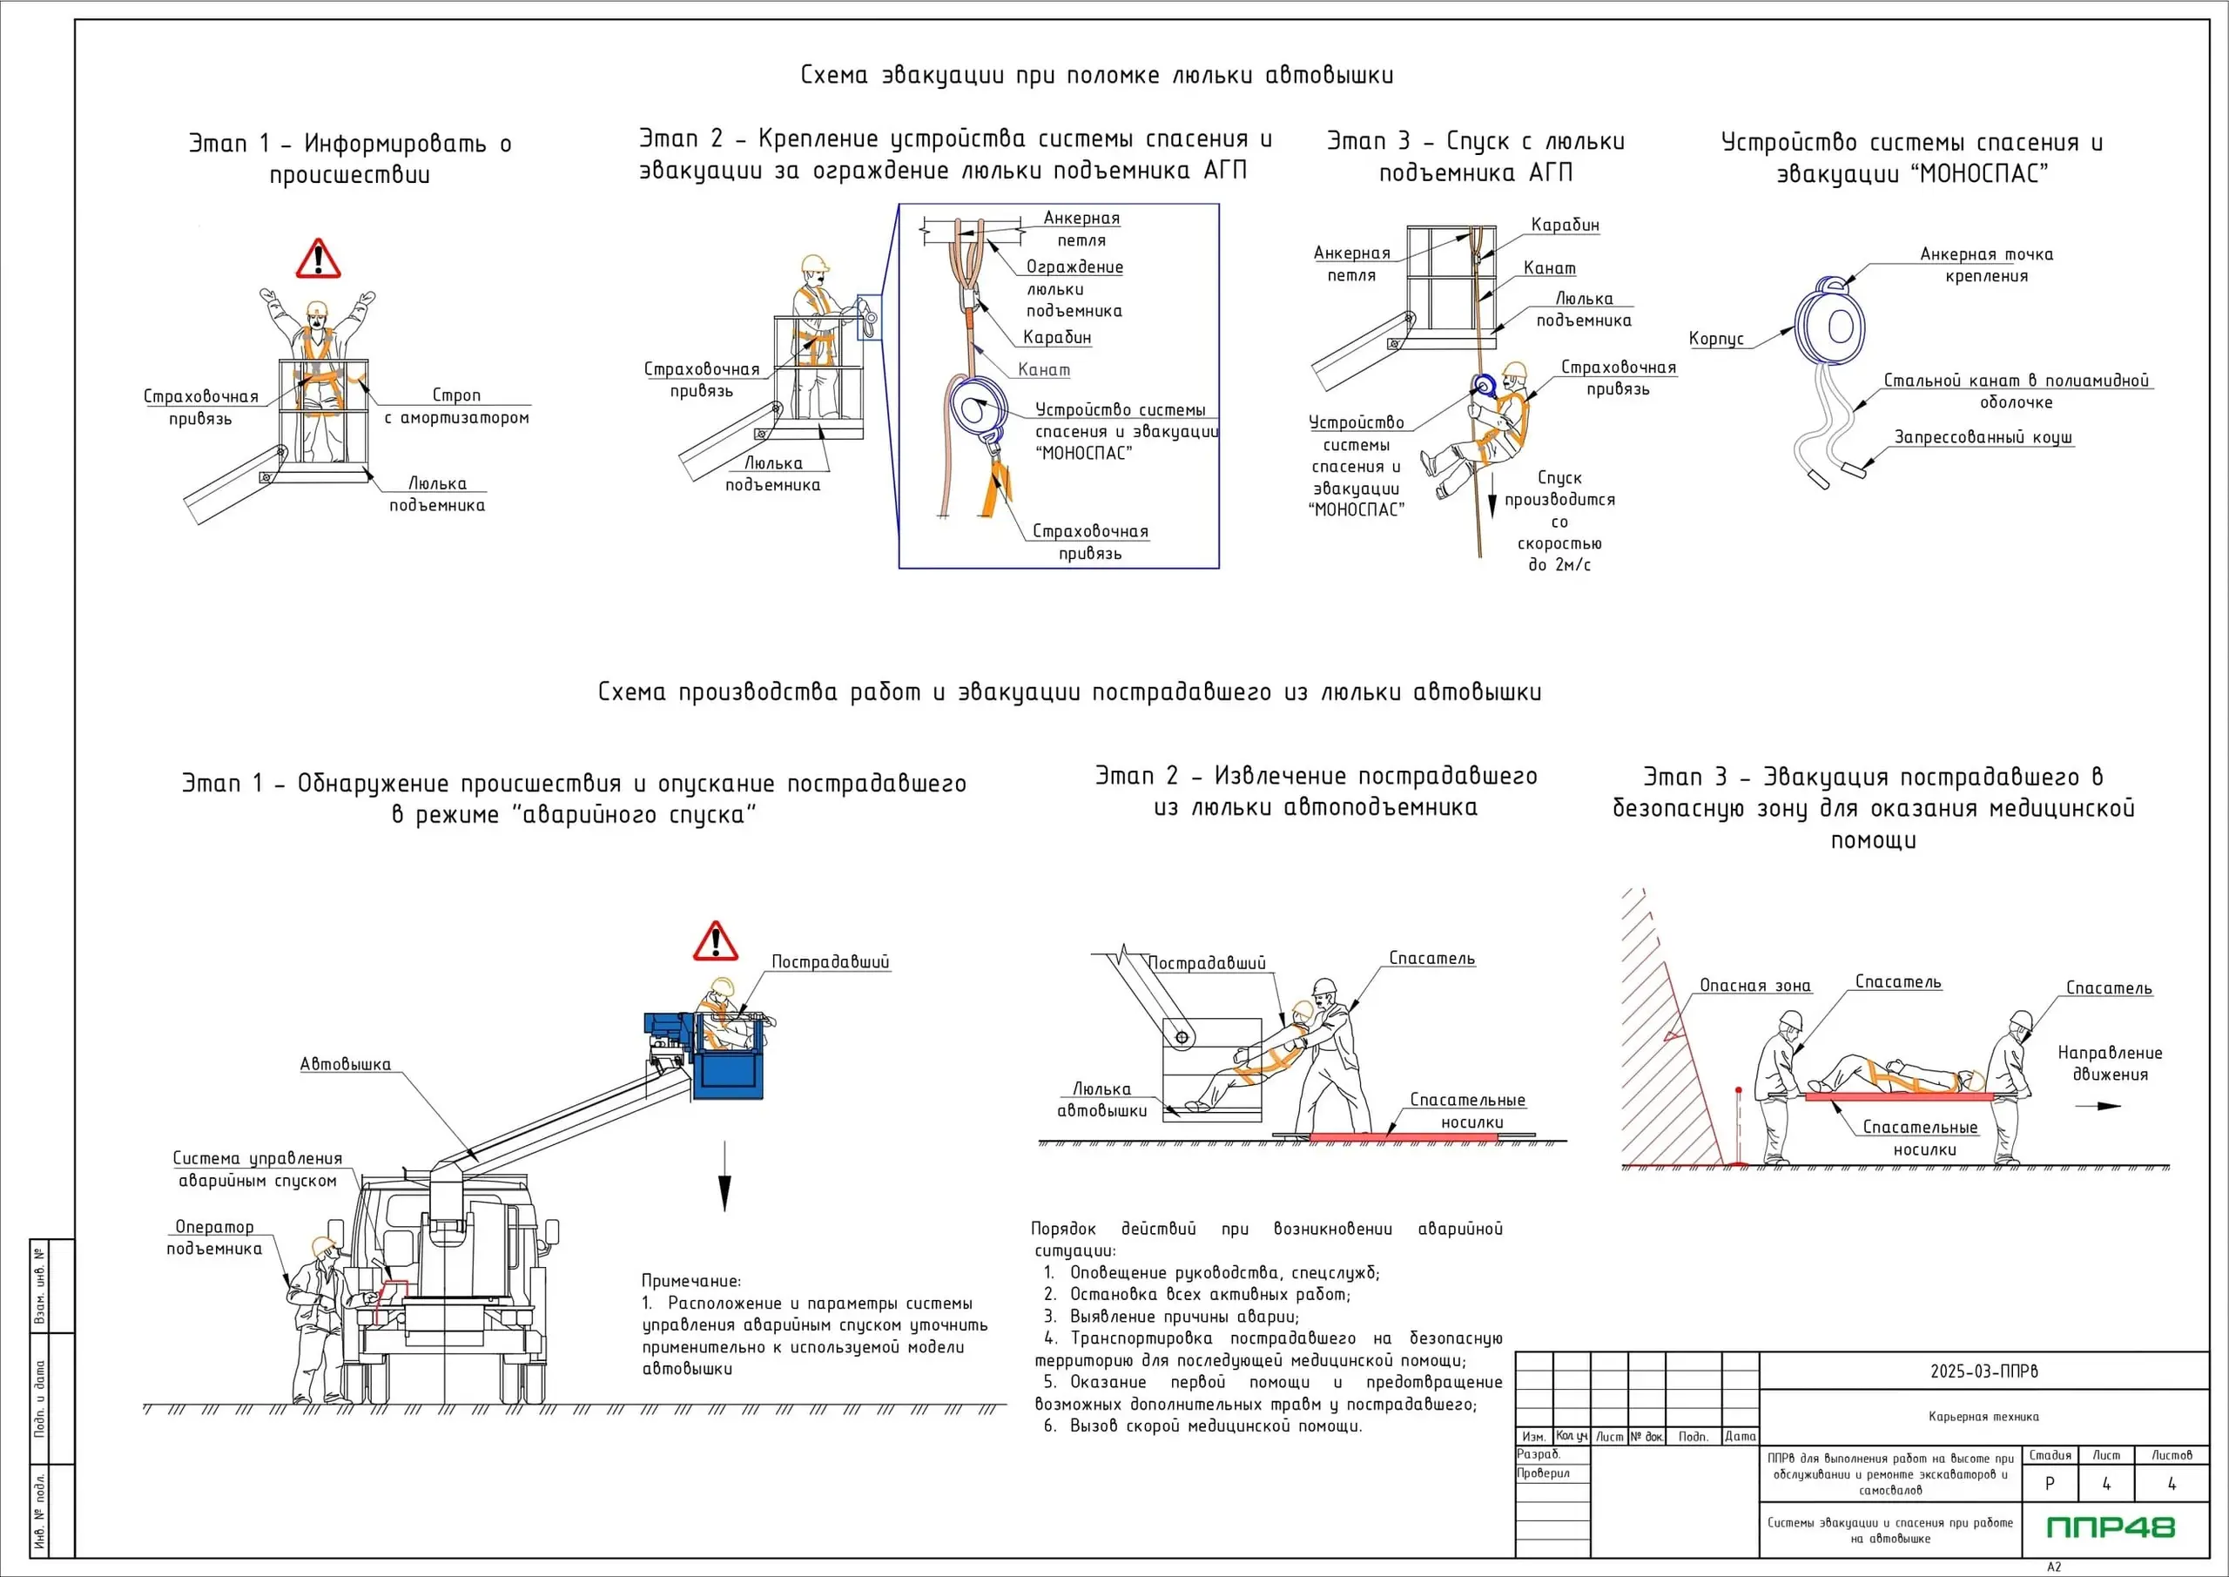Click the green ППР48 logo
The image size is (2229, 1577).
(2111, 1527)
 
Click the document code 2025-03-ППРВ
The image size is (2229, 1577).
(1983, 1371)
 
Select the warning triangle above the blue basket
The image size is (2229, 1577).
(715, 942)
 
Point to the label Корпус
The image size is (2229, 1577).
(1715, 339)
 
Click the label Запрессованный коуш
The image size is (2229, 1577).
(1983, 437)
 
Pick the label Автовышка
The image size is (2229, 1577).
(345, 1064)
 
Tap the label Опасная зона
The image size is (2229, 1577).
(1754, 986)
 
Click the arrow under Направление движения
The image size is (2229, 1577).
(2096, 1105)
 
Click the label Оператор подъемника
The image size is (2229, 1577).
(213, 1238)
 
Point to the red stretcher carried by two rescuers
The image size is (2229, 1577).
(1898, 1096)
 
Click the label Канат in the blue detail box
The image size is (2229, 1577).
(1044, 370)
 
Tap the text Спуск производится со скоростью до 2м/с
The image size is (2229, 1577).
(1559, 522)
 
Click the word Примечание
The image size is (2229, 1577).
(690, 1281)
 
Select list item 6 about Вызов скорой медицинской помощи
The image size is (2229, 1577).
(1204, 1425)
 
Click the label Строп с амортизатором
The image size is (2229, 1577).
(456, 407)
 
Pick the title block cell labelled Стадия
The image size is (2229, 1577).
(2050, 1454)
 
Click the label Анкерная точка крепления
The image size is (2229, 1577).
(1985, 265)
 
